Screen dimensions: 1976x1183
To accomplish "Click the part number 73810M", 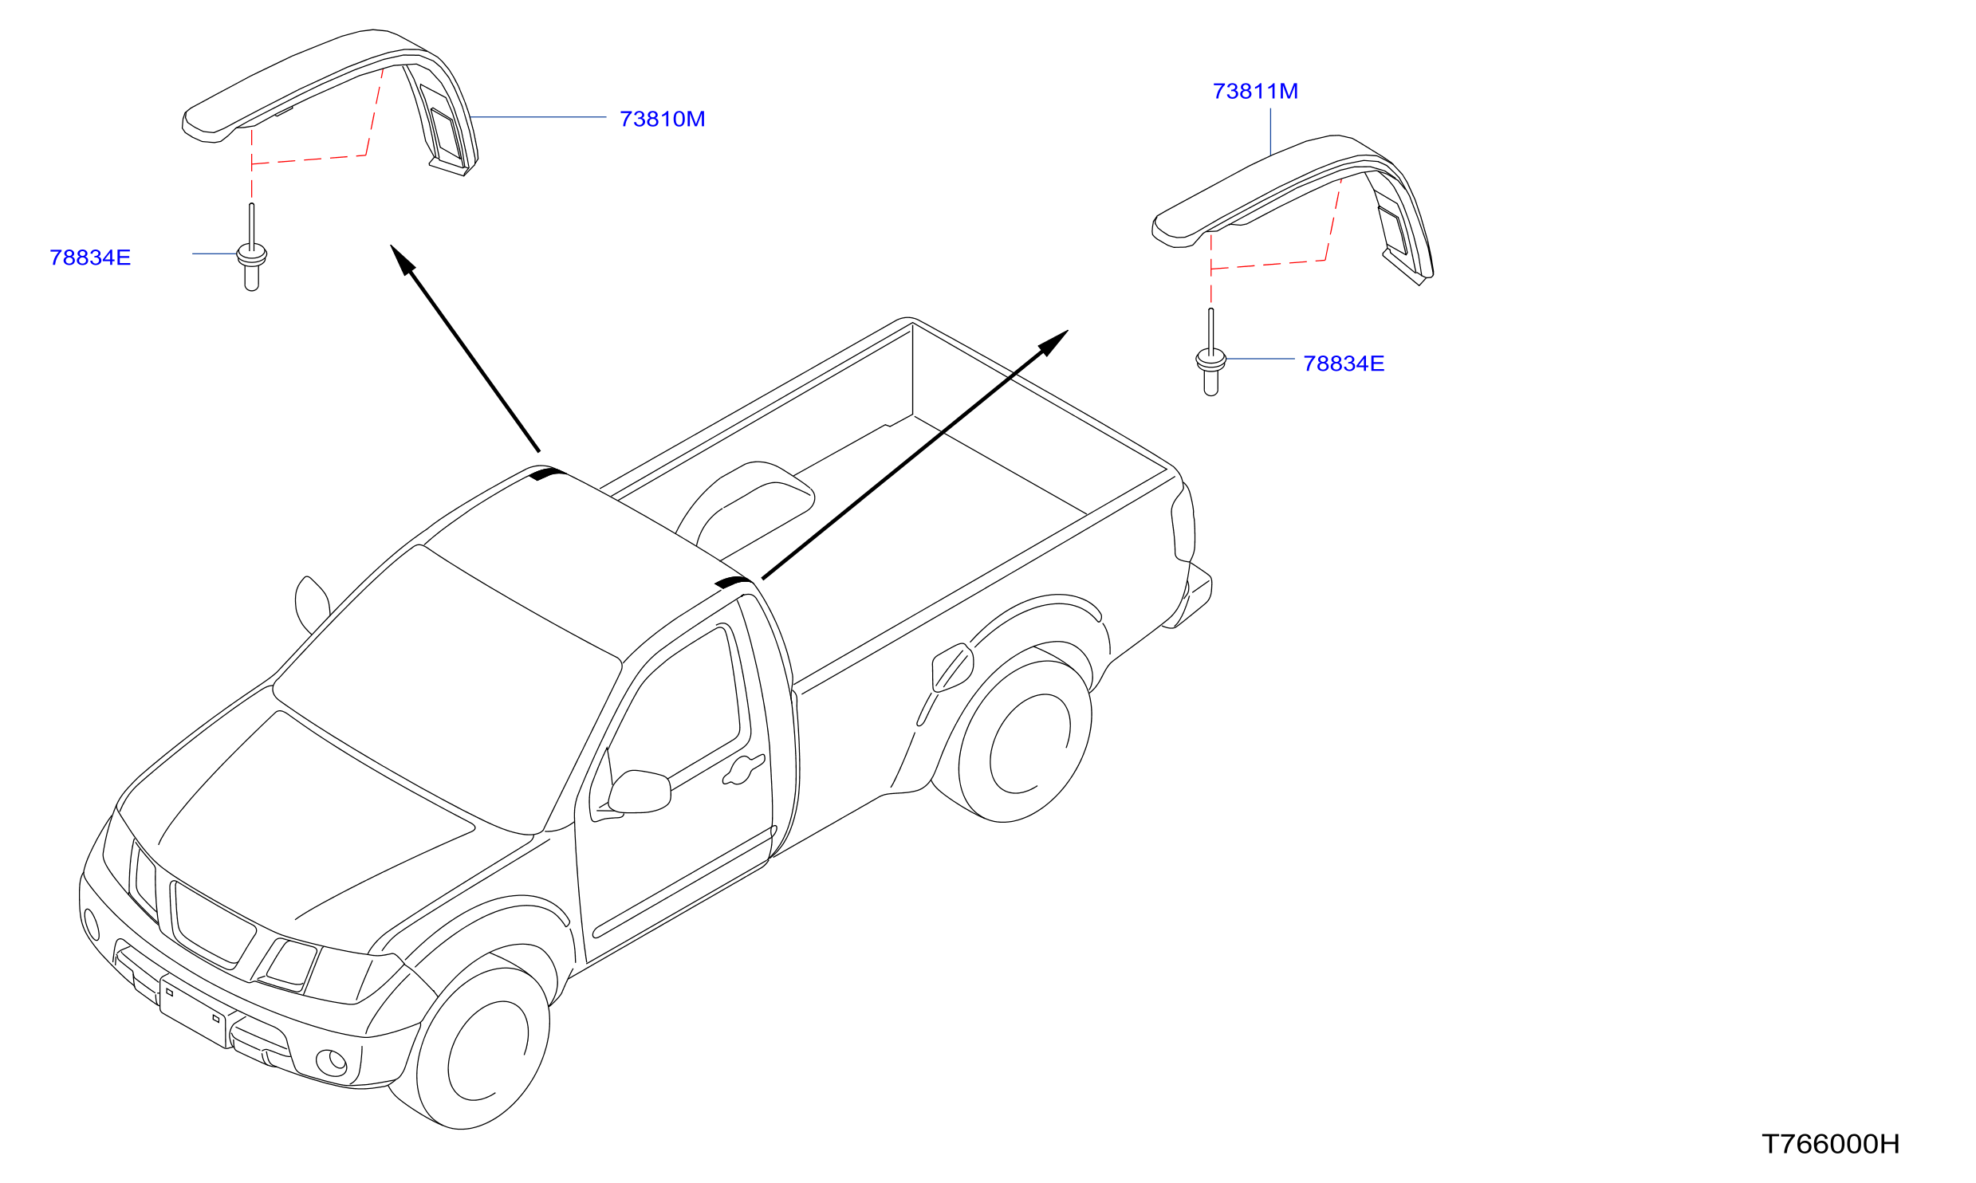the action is point(662,120).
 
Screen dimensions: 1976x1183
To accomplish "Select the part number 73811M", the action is point(1255,92).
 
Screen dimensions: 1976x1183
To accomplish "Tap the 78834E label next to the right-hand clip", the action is point(1344,364).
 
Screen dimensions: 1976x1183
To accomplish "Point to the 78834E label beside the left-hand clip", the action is point(90,257).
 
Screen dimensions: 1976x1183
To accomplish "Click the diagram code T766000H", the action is point(1830,1144).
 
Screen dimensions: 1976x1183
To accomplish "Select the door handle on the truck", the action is point(743,768).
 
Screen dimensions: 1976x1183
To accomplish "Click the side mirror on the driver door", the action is point(639,792).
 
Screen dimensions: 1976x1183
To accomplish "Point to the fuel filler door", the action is point(952,666).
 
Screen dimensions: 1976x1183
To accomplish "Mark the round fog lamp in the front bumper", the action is point(332,1063).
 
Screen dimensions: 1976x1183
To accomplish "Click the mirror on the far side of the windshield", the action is point(312,604).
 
